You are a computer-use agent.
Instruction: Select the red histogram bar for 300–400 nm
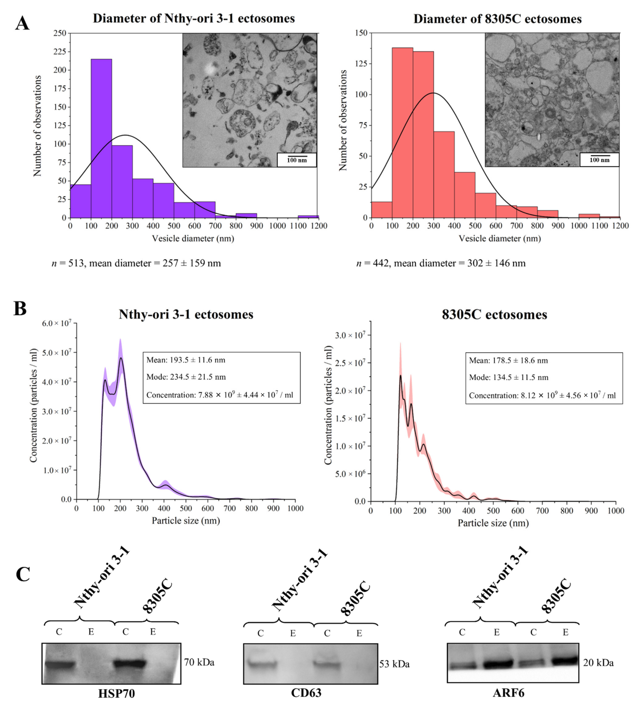[x=444, y=175]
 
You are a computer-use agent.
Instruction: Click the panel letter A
[x=22, y=24]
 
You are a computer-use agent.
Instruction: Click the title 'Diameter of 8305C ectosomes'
[x=497, y=19]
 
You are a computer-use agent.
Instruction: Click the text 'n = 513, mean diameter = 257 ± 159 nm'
[x=136, y=263]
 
